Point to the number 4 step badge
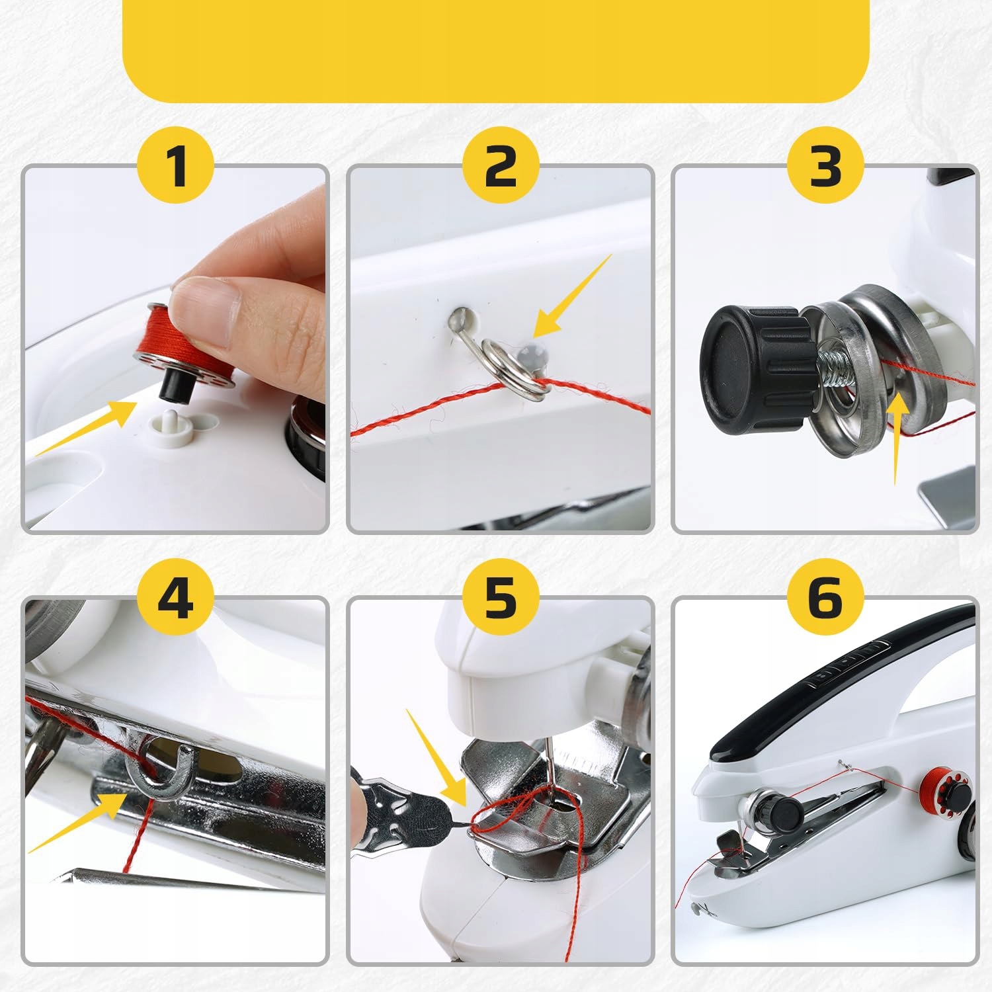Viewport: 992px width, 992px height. [x=175, y=599]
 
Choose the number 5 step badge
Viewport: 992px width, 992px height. [x=501, y=599]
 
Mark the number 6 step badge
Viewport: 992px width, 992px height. [x=825, y=599]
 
